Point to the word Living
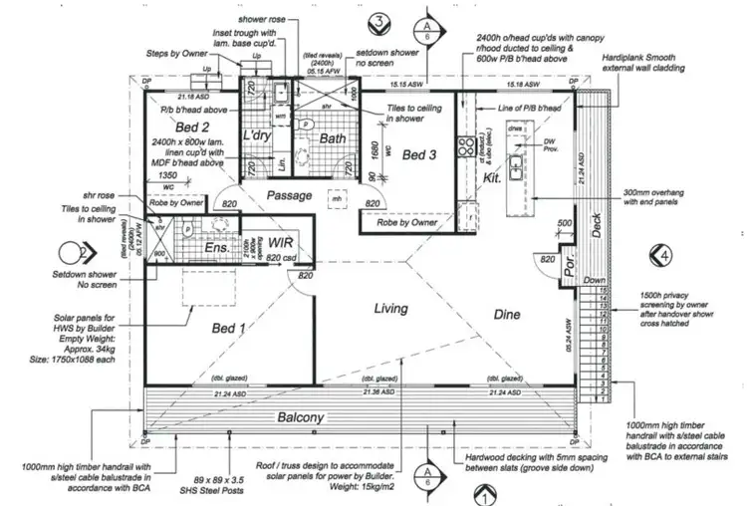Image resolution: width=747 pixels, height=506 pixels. pyautogui.click(x=390, y=309)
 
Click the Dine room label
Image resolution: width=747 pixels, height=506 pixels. pyautogui.click(x=508, y=315)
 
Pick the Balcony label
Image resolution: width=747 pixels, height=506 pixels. pyautogui.click(x=301, y=417)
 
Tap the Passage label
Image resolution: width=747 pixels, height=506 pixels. pyautogui.click(x=291, y=195)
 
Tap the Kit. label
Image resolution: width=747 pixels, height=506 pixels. pyautogui.click(x=491, y=176)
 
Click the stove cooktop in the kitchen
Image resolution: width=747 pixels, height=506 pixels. pyautogui.click(x=463, y=146)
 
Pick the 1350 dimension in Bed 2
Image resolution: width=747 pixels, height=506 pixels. pyautogui.click(x=168, y=174)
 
